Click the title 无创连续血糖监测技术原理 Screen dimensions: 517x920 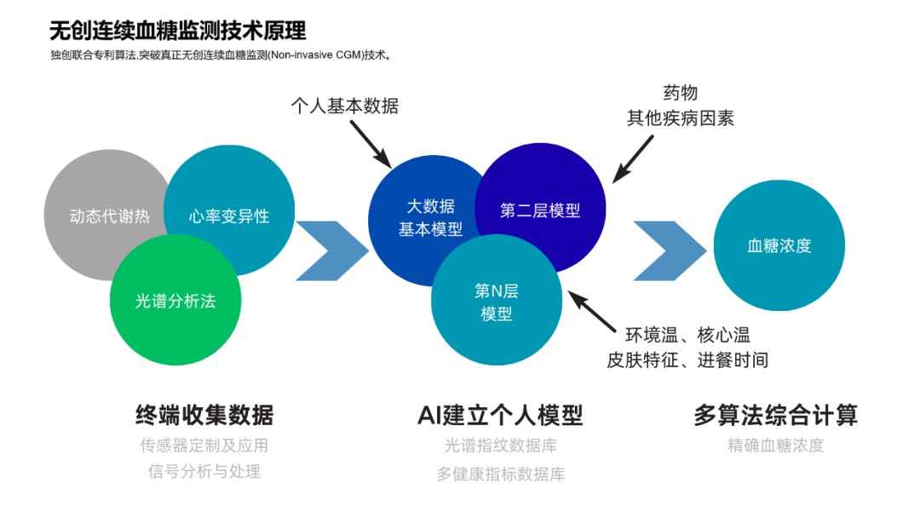point(178,31)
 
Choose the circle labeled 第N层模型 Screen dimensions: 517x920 point(497,303)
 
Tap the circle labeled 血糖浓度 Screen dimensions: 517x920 point(779,246)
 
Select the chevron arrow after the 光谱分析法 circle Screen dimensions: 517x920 point(331,250)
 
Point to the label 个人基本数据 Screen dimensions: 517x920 point(345,106)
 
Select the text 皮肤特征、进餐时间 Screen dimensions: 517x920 point(687,360)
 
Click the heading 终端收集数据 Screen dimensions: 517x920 point(204,416)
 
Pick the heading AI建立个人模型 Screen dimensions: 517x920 point(500,416)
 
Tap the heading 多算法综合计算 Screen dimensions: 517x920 point(775,416)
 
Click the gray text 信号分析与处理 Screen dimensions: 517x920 point(204,471)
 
